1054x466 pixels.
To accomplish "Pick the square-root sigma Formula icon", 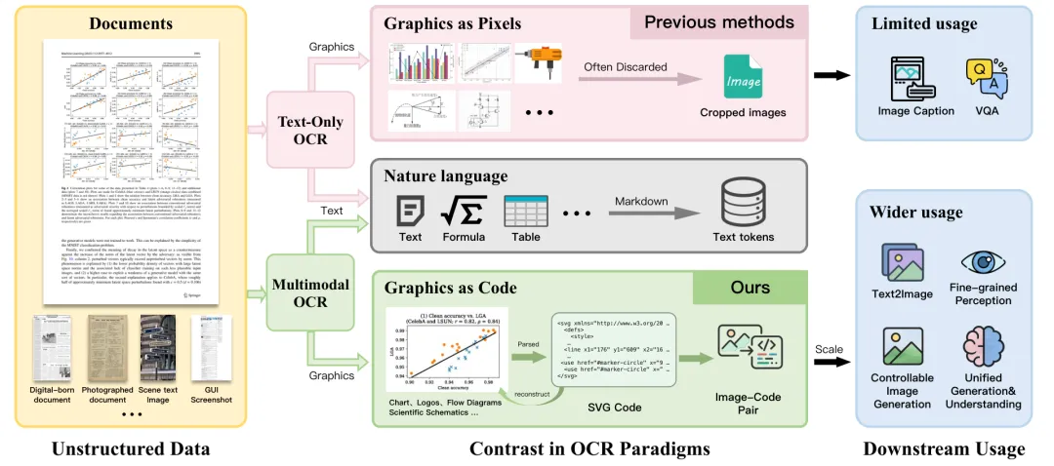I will point(464,209).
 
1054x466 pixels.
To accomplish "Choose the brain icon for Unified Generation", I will point(982,347).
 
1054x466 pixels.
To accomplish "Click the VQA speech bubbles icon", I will point(983,78).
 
